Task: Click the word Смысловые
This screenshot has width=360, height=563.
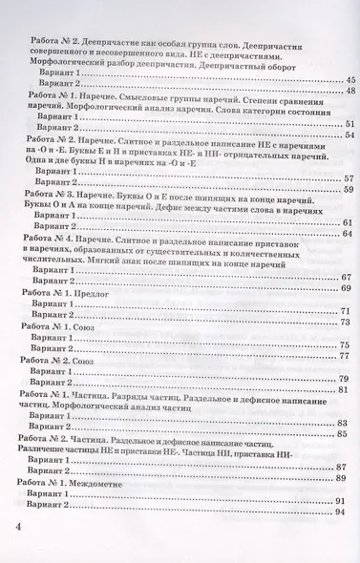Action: pos(144,103)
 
